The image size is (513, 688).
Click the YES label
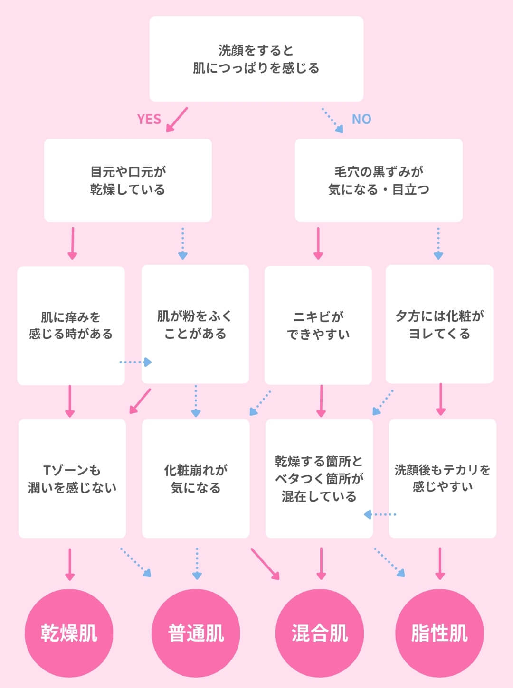(149, 119)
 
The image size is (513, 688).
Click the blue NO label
(361, 119)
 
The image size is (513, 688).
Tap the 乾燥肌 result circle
(69, 633)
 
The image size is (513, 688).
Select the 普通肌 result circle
(196, 633)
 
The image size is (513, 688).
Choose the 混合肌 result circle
(320, 633)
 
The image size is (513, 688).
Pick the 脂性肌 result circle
(439, 633)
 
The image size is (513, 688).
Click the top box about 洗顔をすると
(256, 59)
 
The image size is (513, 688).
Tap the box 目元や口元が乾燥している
(128, 180)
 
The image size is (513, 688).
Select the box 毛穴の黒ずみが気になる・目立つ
(379, 180)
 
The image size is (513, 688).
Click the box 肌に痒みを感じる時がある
(71, 325)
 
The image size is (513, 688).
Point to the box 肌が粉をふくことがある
(195, 325)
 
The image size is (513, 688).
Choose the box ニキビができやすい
(318, 325)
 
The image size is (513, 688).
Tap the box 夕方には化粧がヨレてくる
(439, 325)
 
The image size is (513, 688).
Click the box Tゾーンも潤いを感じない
(72, 479)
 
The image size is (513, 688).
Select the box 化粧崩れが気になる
(196, 479)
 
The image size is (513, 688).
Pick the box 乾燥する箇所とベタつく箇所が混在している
(319, 479)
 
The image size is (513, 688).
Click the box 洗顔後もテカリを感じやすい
(442, 479)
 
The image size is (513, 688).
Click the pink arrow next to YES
(177, 119)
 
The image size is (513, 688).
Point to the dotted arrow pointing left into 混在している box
(380, 514)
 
